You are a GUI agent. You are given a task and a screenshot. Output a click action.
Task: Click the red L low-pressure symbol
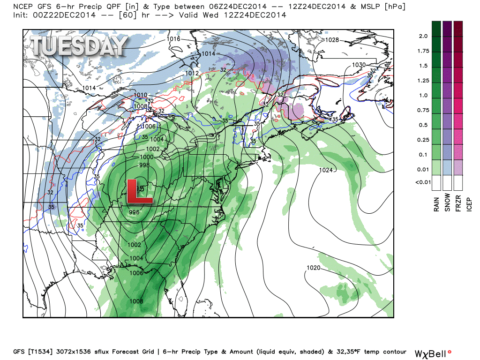[139, 191]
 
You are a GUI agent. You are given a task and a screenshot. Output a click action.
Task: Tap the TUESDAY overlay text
[79, 46]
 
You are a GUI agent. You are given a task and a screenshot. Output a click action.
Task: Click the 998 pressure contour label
[144, 165]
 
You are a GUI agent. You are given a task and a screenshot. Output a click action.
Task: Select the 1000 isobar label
[146, 157]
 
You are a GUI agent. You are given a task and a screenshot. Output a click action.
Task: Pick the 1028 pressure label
[332, 40]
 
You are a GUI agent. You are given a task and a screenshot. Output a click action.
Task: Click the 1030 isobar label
[359, 65]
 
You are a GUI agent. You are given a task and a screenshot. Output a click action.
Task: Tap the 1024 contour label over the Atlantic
[326, 170]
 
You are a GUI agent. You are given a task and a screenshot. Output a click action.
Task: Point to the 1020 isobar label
[313, 268]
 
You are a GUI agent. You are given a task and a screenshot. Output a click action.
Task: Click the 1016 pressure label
[173, 39]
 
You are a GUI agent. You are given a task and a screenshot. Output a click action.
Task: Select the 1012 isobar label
[191, 73]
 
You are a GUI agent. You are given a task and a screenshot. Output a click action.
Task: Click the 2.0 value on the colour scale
[423, 36]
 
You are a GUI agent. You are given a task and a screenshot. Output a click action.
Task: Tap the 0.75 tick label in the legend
[423, 110]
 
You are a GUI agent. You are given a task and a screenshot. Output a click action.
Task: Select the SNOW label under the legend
[448, 202]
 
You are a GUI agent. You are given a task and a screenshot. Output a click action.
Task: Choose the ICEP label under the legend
[470, 202]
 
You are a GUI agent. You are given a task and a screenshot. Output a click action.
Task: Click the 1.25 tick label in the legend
[423, 81]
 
